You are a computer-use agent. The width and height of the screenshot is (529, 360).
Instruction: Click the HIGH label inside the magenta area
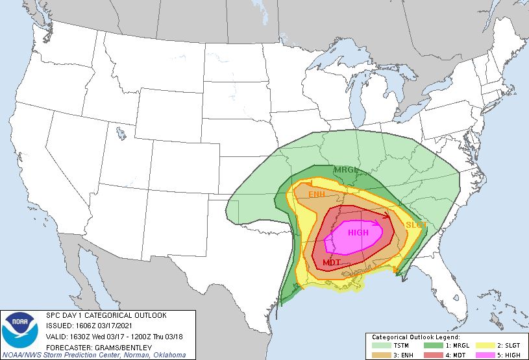point(358,232)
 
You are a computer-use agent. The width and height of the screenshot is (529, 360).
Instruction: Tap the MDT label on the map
point(332,263)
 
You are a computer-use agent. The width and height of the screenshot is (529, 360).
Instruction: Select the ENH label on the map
point(317,195)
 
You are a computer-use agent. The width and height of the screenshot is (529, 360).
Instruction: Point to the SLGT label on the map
point(416,224)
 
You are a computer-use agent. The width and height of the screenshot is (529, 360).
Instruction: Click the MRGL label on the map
point(346,170)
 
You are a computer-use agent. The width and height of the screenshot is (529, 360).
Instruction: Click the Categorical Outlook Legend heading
point(415,338)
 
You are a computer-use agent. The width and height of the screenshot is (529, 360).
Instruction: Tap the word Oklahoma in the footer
point(169,354)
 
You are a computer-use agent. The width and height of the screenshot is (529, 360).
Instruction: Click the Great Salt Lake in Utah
point(121,135)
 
